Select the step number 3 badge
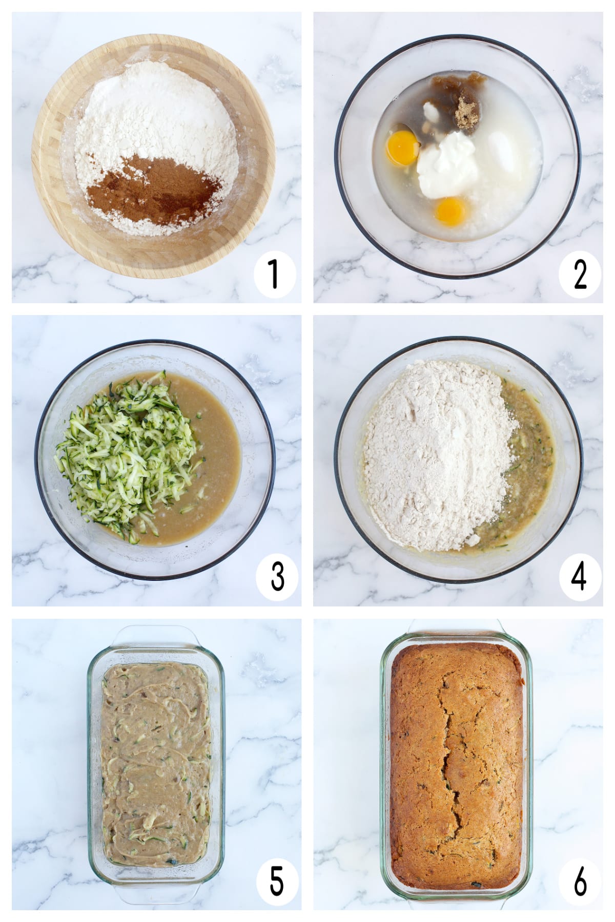(277, 576)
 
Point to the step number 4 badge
(579, 576)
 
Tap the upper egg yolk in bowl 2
(402, 148)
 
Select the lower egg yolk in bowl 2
(450, 211)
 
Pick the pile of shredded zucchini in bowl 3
(128, 453)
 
